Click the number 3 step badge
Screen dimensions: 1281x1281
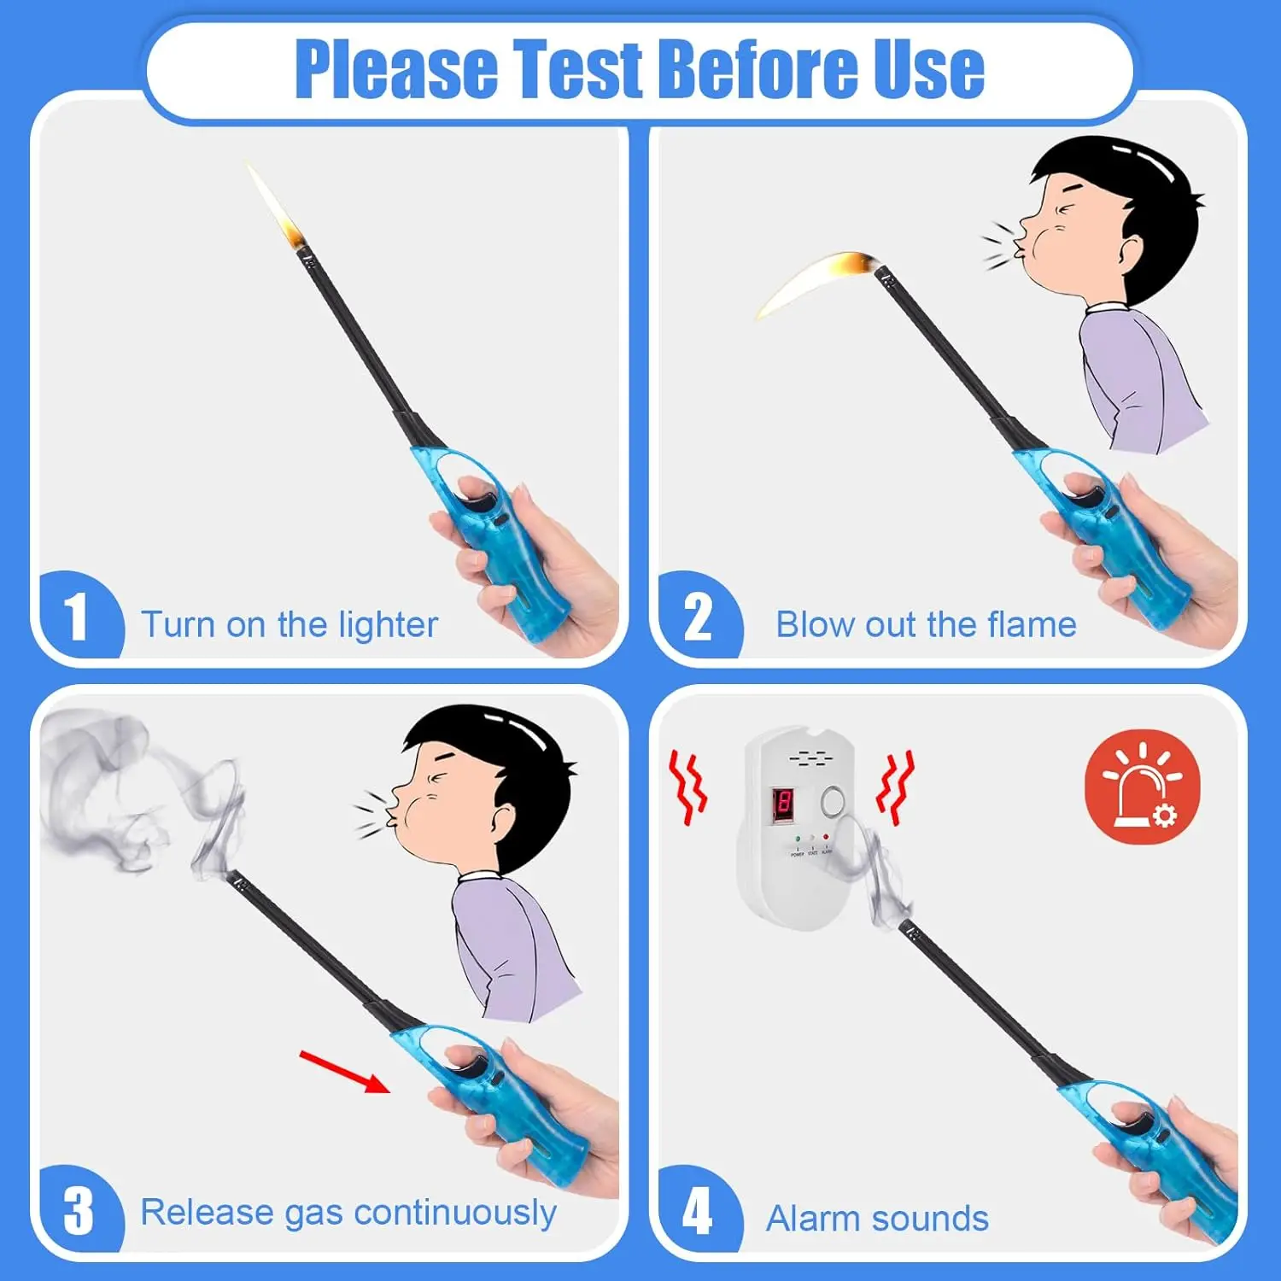pyautogui.click(x=78, y=1209)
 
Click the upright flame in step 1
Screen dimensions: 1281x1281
pyautogui.click(x=278, y=209)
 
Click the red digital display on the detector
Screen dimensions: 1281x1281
pyautogui.click(x=783, y=804)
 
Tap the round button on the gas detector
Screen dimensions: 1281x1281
pyautogui.click(x=832, y=801)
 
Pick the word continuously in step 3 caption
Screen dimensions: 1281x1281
pyautogui.click(x=455, y=1213)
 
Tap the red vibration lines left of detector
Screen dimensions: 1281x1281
pyautogui.click(x=687, y=787)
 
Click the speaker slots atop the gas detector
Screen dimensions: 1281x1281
pyautogui.click(x=807, y=757)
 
